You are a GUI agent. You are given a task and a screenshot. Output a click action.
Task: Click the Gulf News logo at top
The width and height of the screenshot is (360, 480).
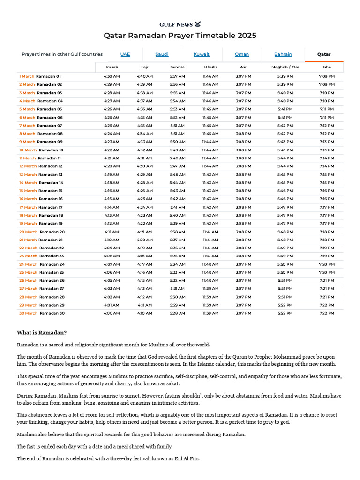point(180,24)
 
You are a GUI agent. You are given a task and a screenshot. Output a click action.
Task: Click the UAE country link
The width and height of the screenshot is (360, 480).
point(125,54)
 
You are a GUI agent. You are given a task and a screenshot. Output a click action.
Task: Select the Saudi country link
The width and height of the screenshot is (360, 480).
point(162,54)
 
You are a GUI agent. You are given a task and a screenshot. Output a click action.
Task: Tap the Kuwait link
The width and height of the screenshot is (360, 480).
point(202,54)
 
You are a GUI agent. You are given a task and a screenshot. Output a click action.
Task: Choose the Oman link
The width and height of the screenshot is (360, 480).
point(242,54)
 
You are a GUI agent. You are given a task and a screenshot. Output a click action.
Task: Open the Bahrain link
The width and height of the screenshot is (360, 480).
point(283,54)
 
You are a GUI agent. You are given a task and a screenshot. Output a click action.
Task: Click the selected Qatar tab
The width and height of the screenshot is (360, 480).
point(324,54)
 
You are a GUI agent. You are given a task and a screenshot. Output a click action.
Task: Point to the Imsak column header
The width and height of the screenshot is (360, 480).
point(112,67)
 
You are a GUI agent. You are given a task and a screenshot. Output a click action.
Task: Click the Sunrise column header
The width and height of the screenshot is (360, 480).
point(178,67)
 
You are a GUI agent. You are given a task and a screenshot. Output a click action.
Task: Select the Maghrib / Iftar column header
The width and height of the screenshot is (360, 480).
point(285,67)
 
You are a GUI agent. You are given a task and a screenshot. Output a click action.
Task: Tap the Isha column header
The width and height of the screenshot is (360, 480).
point(327,67)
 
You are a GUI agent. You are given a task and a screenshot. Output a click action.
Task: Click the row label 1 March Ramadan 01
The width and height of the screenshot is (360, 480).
point(40,76)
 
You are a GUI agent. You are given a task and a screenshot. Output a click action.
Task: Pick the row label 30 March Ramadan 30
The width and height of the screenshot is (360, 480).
point(42,313)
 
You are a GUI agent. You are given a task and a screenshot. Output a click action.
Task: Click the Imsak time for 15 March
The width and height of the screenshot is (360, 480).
point(112,191)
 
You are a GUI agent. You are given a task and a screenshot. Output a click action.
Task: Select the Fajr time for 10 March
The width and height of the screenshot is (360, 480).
point(144,150)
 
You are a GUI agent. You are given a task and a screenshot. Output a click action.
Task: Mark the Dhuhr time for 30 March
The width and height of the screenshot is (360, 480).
point(210,313)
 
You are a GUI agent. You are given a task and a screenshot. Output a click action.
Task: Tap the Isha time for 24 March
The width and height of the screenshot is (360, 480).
point(327,264)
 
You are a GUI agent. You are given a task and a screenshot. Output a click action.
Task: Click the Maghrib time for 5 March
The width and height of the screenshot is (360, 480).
point(285,109)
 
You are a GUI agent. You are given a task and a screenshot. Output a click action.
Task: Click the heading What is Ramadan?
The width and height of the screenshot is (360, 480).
point(42,333)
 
